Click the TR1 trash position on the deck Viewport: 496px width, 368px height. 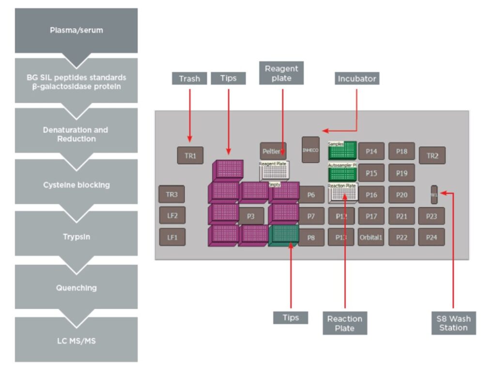pyautogui.click(x=190, y=155)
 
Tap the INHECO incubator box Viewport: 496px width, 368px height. pyautogui.click(x=310, y=150)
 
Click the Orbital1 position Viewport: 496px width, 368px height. pyautogui.click(x=371, y=237)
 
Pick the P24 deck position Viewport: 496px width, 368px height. pyautogui.click(x=432, y=237)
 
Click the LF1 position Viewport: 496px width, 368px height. pyautogui.click(x=172, y=237)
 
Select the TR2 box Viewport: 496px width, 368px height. pyautogui.click(x=432, y=155)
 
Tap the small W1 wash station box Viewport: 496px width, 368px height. pyautogui.click(x=434, y=194)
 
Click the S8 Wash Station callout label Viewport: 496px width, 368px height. pyautogui.click(x=453, y=323)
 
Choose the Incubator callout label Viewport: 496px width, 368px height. pyautogui.click(x=356, y=78)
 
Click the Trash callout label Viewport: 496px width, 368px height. pyautogui.click(x=189, y=78)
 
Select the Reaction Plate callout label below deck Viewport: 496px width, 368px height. pyautogui.click(x=344, y=323)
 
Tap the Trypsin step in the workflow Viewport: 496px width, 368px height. pyautogui.click(x=76, y=237)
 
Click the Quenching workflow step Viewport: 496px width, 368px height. pyautogui.click(x=76, y=288)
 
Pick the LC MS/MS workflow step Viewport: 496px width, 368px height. pyautogui.click(x=76, y=341)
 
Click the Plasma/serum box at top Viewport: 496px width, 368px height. pyautogui.click(x=76, y=30)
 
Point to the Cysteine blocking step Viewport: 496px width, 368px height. pyautogui.click(x=76, y=185)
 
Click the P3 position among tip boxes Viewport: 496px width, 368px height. pyautogui.click(x=250, y=216)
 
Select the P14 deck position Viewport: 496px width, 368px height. pyautogui.click(x=371, y=151)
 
